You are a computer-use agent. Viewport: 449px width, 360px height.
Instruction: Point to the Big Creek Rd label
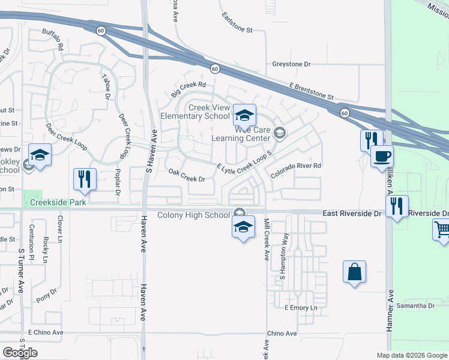tap(188, 90)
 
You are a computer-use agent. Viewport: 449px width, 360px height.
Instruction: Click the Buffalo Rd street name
tap(53, 39)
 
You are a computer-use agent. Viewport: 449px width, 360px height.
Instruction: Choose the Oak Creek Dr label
tap(187, 175)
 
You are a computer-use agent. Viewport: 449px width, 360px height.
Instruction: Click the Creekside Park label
tap(55, 203)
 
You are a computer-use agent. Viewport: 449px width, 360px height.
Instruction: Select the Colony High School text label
tap(193, 215)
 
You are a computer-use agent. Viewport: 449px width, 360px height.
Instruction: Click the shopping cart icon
tap(441, 230)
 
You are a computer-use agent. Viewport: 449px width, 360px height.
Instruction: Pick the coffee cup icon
tap(382, 157)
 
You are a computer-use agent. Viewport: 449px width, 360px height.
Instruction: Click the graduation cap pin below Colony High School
tap(243, 227)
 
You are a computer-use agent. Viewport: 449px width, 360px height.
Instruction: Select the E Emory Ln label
tap(300, 308)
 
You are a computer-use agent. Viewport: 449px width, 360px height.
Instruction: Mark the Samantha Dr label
tap(419, 305)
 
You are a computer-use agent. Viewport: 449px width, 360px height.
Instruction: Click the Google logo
tap(20, 352)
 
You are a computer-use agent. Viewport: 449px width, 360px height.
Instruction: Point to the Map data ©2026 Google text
tap(411, 355)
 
